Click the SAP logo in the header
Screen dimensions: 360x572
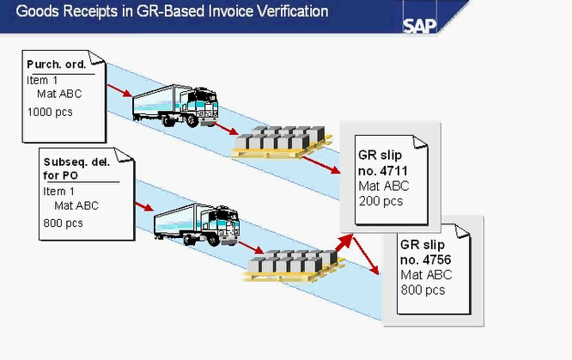[x=420, y=22]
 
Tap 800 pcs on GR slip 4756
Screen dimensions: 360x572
[x=423, y=290]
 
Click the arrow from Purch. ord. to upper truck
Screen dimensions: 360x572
[x=119, y=90]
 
